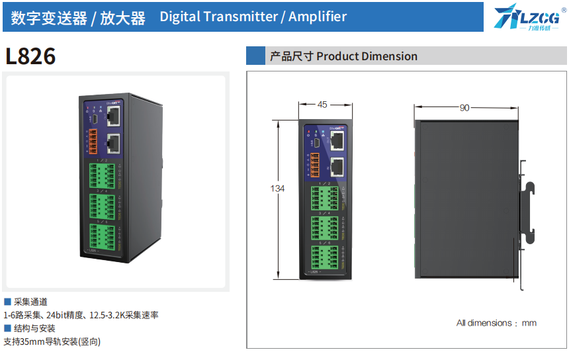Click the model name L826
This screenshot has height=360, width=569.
pyautogui.click(x=30, y=57)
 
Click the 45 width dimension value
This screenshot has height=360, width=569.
pyautogui.click(x=322, y=105)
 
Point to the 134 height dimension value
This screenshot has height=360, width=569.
pyautogui.click(x=278, y=189)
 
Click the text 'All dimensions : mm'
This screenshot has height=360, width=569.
pyautogui.click(x=496, y=323)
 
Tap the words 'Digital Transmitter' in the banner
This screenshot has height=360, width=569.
pyautogui.click(x=218, y=17)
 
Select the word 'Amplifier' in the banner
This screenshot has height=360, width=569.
pyautogui.click(x=318, y=17)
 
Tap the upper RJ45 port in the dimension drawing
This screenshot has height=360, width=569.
pyautogui.click(x=337, y=140)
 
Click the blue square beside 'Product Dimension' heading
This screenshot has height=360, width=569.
pyautogui.click(x=255, y=56)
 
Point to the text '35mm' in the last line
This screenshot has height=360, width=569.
pyautogui.click(x=31, y=342)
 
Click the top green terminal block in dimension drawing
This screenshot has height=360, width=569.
pyautogui.click(x=329, y=196)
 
